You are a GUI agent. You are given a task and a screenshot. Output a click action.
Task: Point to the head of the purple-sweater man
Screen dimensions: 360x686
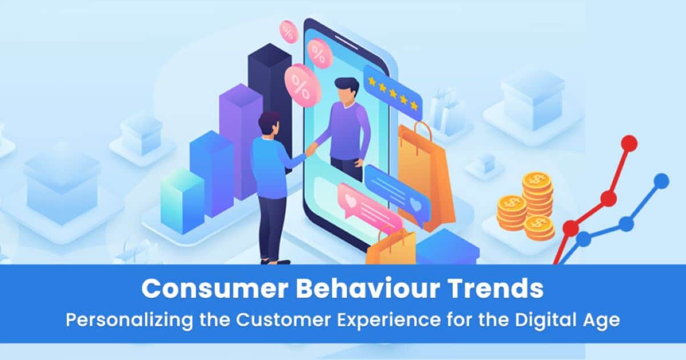click(347, 91)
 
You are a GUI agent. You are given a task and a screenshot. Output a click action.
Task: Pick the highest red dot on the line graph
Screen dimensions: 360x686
click(628, 143)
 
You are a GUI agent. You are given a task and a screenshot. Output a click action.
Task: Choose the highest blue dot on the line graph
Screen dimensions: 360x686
click(661, 181)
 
